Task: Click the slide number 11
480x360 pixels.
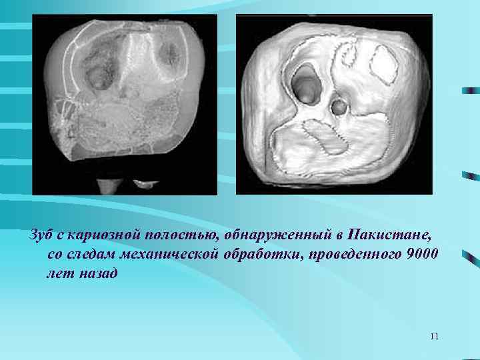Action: [435, 336]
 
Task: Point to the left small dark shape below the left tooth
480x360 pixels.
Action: [107, 185]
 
